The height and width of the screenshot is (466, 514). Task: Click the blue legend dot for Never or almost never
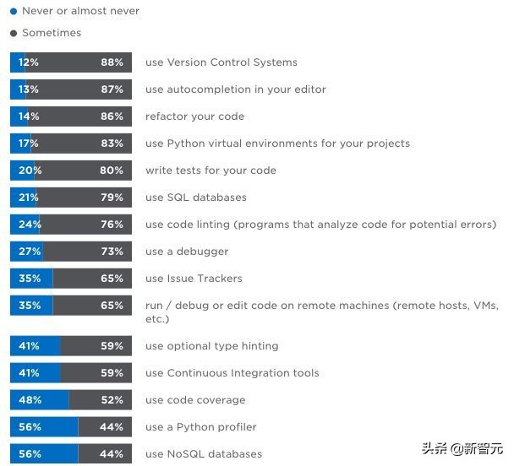(13, 12)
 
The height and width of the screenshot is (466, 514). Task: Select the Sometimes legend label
(52, 33)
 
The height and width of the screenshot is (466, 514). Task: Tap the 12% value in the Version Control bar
(29, 62)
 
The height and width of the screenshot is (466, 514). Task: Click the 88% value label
(112, 62)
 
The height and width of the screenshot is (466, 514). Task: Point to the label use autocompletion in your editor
(235, 89)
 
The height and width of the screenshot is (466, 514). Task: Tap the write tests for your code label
(211, 171)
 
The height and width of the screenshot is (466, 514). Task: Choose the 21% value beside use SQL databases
(30, 198)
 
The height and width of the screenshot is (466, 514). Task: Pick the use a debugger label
(187, 252)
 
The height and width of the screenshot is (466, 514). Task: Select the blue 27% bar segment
(27, 252)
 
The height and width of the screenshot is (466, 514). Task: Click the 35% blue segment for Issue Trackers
(31, 279)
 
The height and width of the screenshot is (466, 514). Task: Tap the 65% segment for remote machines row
(92, 306)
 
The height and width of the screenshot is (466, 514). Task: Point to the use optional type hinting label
(211, 346)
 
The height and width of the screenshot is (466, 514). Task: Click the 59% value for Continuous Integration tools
(112, 373)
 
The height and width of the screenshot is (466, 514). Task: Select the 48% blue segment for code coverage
(39, 400)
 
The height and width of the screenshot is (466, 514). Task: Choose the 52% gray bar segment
(100, 400)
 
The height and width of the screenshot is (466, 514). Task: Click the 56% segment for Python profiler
(44, 427)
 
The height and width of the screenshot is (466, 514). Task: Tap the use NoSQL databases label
(203, 454)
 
